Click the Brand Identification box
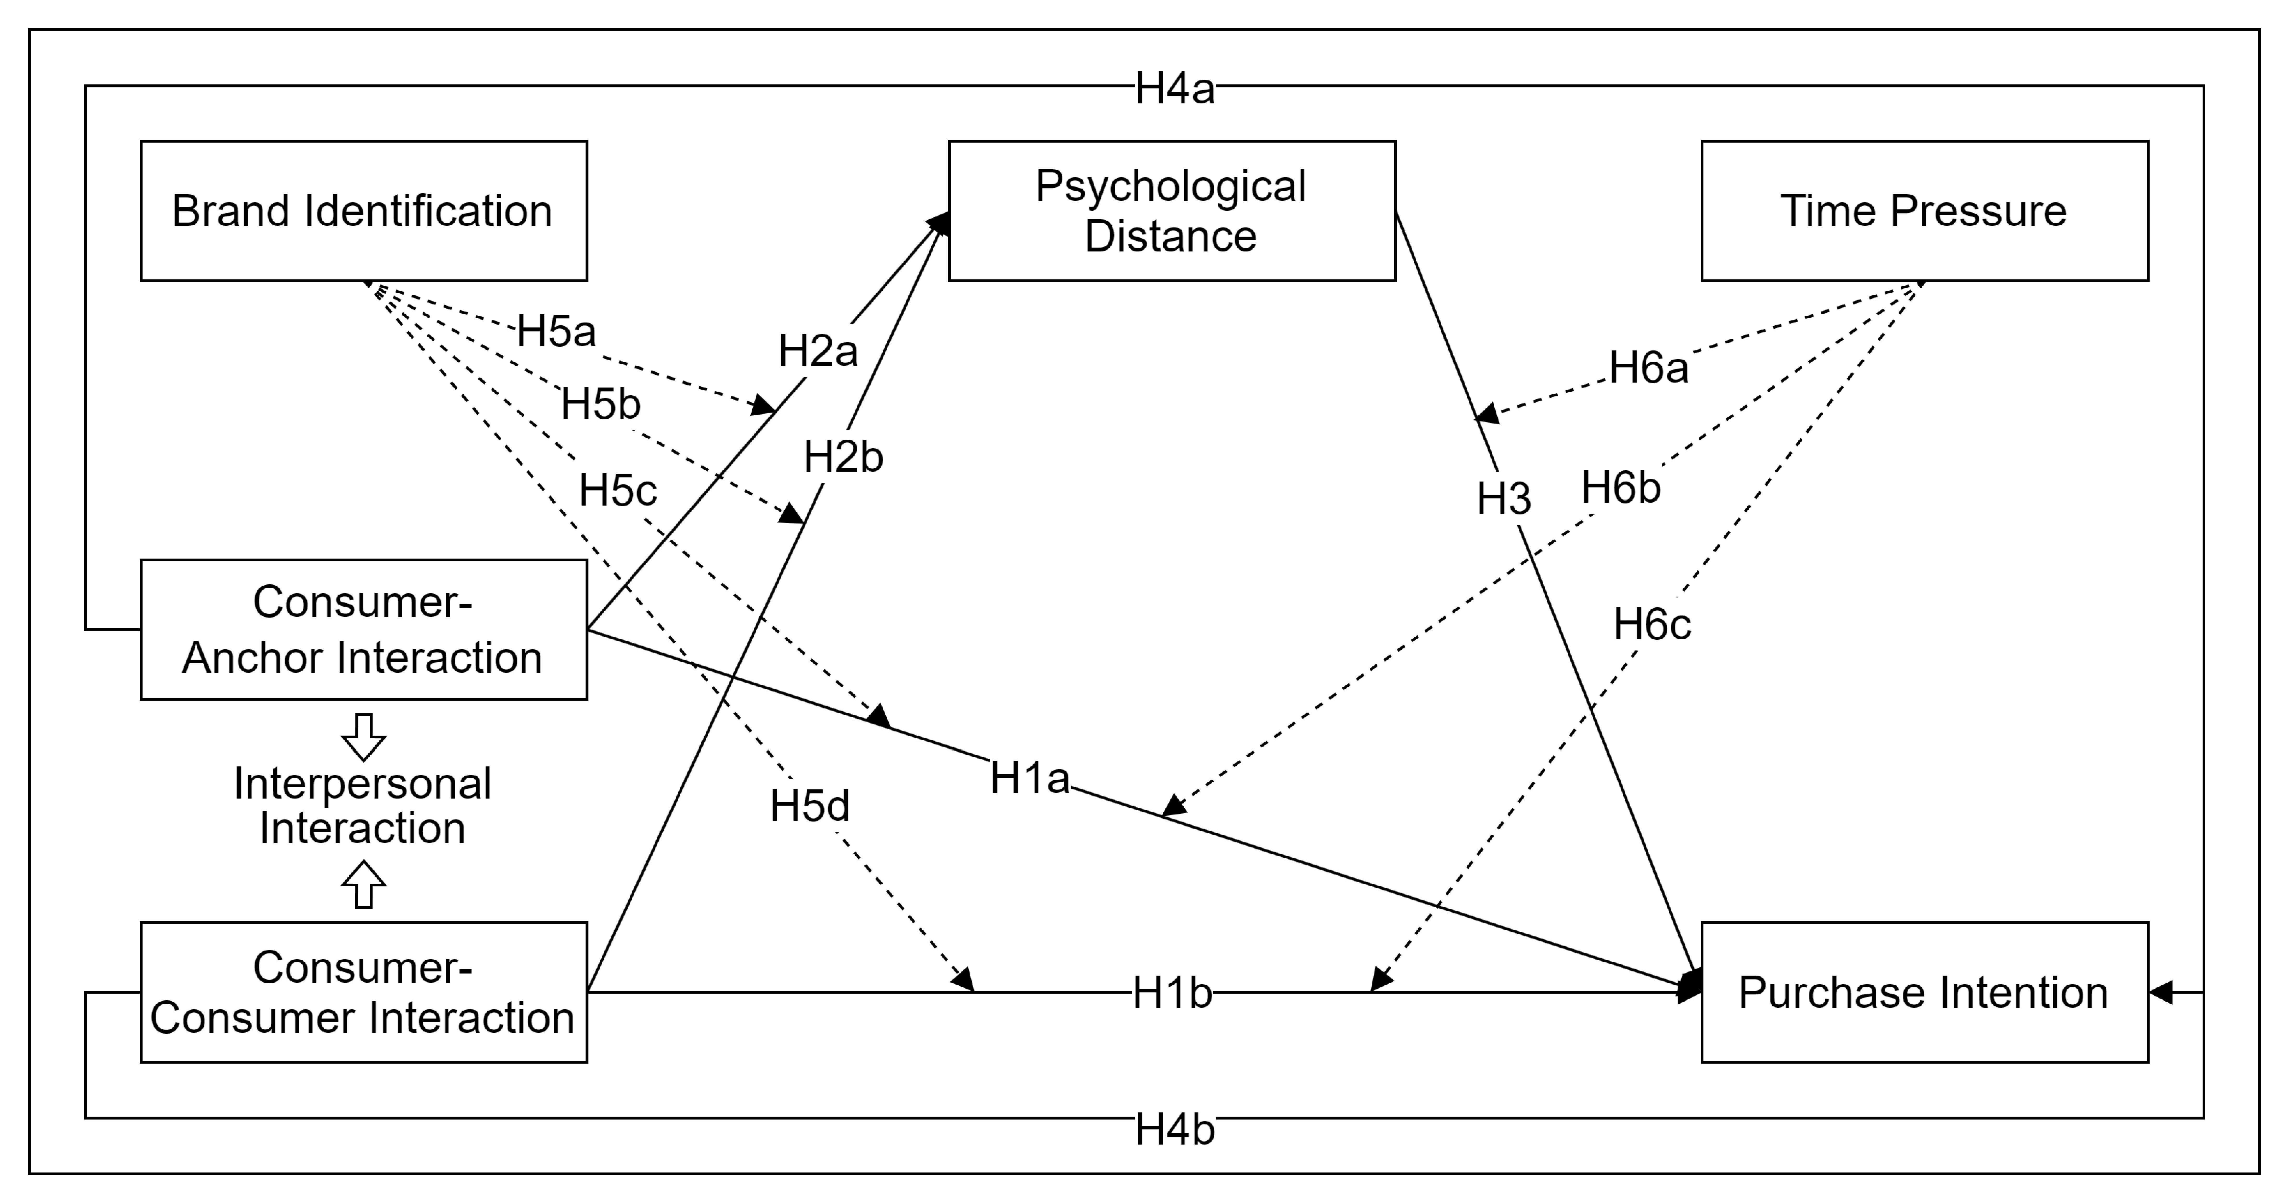tap(363, 211)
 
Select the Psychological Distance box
tap(1171, 211)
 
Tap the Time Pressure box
tap(1924, 211)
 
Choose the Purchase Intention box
tap(1924, 992)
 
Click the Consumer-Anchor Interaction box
tap(363, 629)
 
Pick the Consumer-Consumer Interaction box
tap(363, 992)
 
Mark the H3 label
tap(1503, 499)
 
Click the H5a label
tap(556, 332)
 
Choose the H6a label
tap(1648, 367)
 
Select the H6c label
tap(1652, 624)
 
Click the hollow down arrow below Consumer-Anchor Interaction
tap(363, 736)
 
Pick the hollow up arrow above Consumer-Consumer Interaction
tap(363, 885)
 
